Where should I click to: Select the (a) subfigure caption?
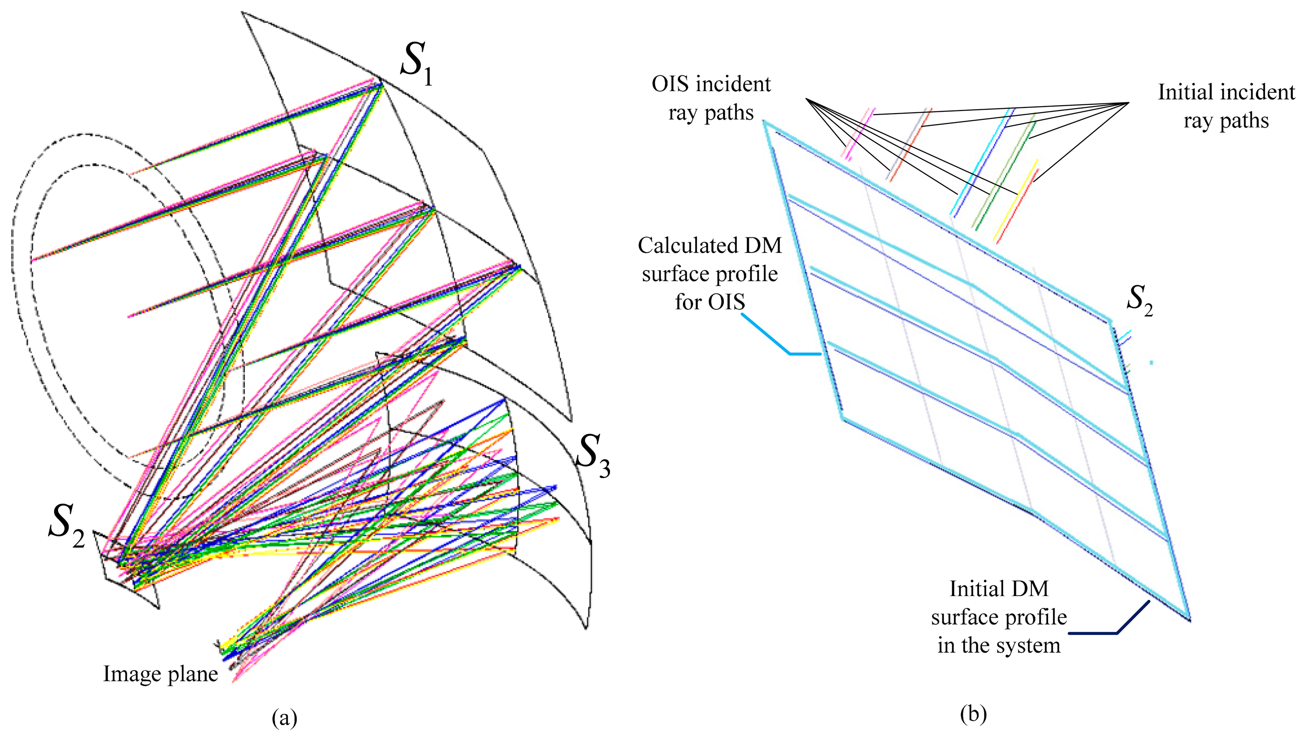point(284,718)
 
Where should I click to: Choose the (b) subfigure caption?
point(973,714)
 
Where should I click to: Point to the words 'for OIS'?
point(710,302)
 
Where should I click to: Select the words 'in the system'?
point(999,646)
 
